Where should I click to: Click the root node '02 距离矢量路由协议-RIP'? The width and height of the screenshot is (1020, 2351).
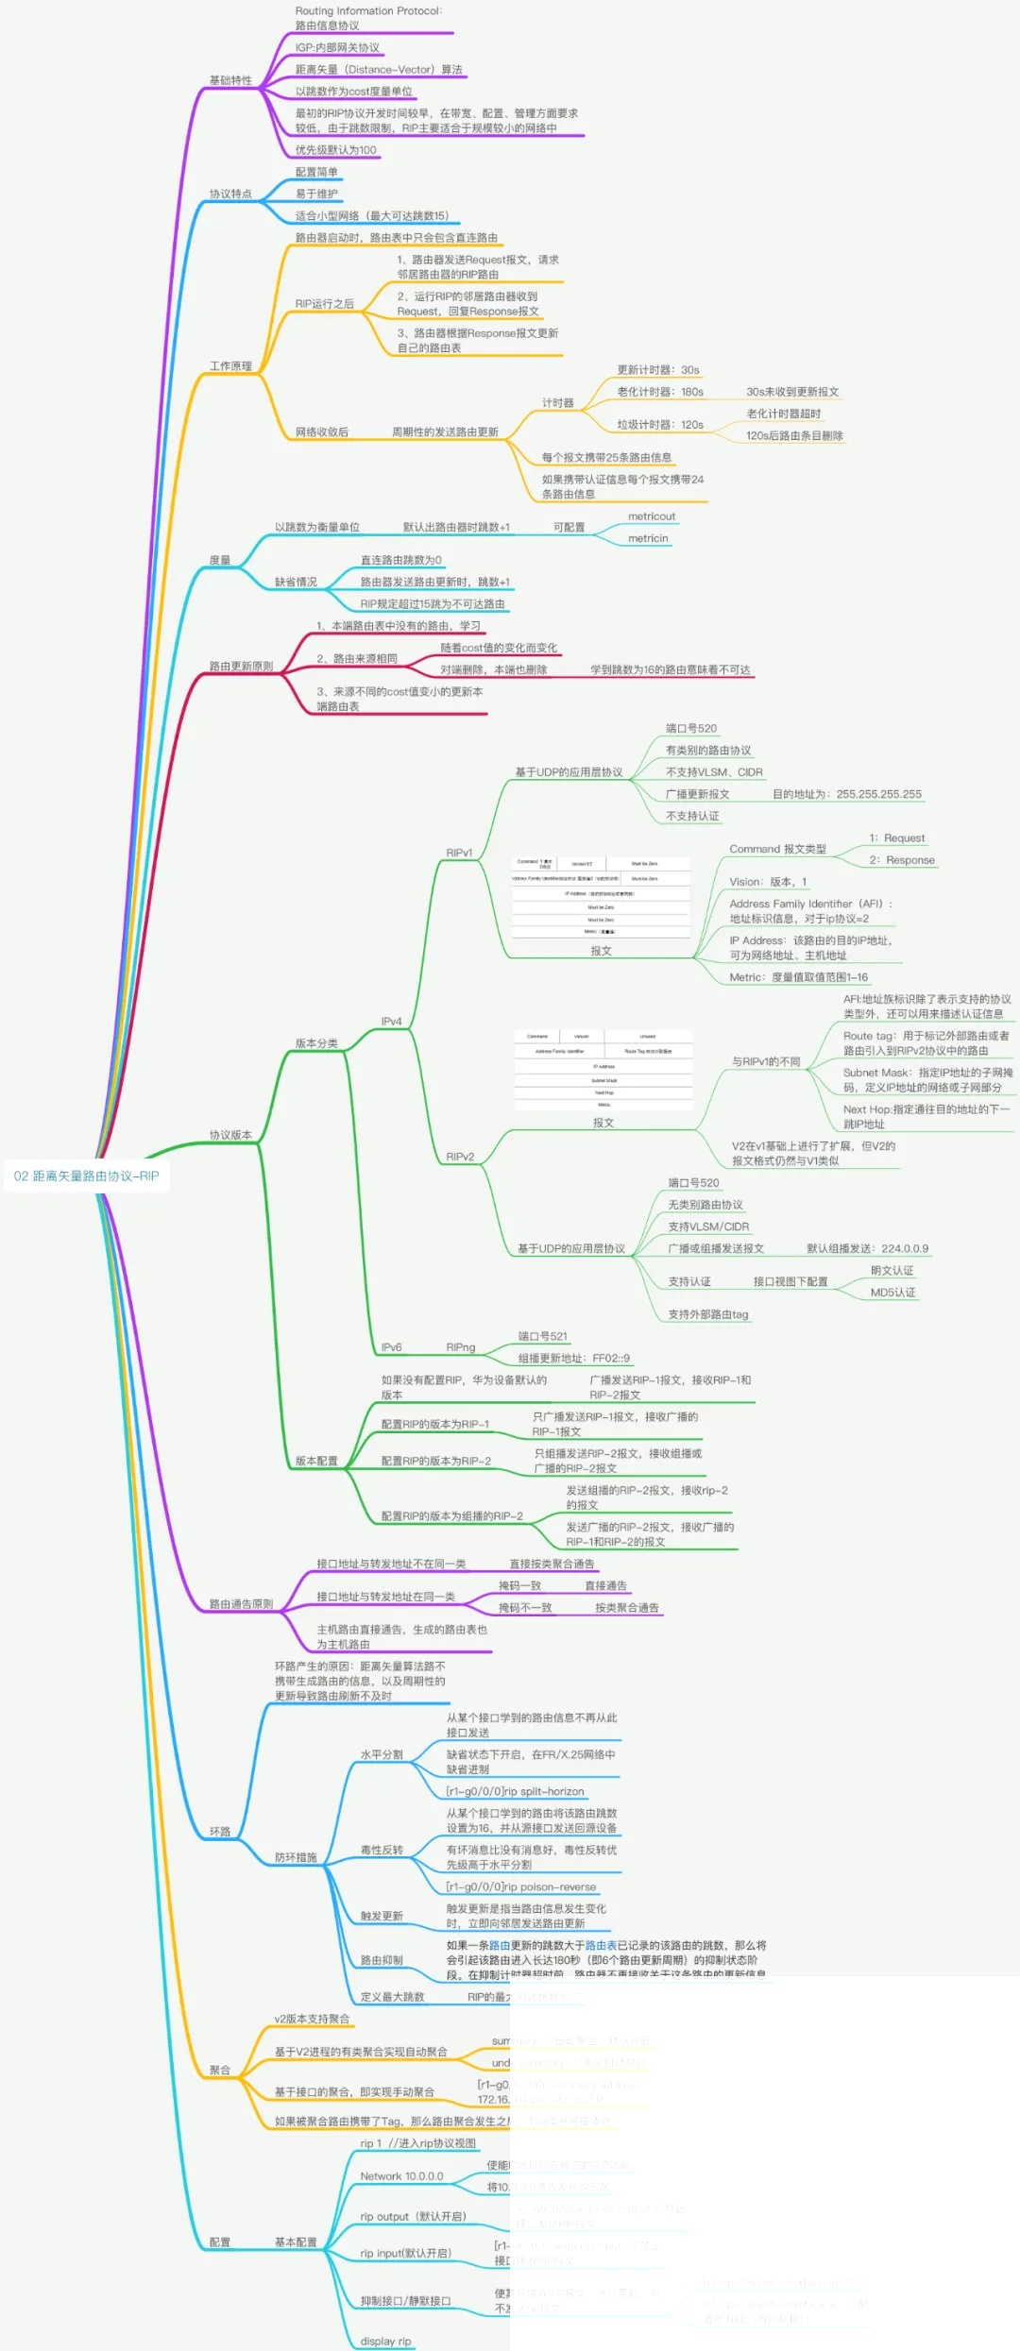tap(87, 1175)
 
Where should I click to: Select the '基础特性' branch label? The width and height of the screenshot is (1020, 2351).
tap(230, 80)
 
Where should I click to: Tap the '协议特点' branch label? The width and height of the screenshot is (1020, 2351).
tap(230, 194)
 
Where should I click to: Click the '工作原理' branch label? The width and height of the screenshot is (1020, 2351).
tap(230, 366)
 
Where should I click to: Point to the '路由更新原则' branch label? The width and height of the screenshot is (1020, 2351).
tap(241, 667)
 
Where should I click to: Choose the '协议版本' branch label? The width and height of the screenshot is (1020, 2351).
tap(230, 1135)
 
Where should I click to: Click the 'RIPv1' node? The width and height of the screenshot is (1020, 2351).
tap(459, 853)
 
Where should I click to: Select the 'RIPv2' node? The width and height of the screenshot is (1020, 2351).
tap(460, 1157)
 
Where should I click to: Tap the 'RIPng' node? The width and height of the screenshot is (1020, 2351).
tap(461, 1347)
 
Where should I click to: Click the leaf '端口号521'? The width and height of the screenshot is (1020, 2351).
tap(543, 1336)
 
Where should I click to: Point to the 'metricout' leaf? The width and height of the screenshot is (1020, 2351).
tap(652, 516)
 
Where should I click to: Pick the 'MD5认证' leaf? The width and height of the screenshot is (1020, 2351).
tap(892, 1293)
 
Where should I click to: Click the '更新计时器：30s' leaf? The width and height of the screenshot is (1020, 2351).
tap(658, 370)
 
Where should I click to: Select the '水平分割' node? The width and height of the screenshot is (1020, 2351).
tap(382, 1754)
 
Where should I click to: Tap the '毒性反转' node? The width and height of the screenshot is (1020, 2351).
tap(382, 1850)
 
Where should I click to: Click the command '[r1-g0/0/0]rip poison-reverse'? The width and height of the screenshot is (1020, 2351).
tap(521, 1886)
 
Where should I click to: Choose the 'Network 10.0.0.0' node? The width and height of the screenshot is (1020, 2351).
tap(401, 2176)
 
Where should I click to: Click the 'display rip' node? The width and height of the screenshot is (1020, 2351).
tap(385, 2334)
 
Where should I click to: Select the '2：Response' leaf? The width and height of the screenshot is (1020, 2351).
tap(902, 860)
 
